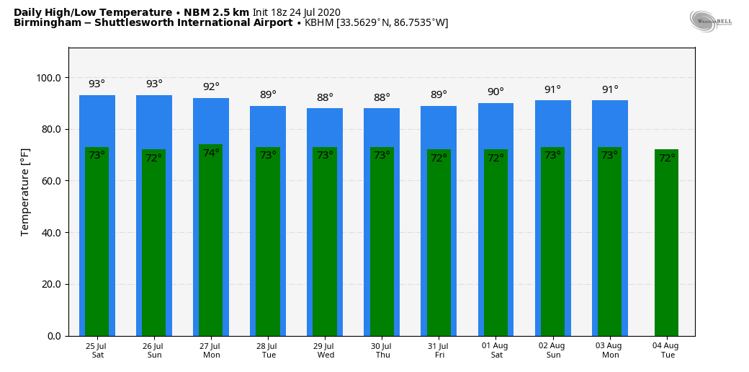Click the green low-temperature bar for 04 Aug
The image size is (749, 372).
pyautogui.click(x=666, y=245)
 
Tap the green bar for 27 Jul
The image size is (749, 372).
pyautogui.click(x=211, y=245)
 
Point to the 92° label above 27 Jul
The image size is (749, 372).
pyautogui.click(x=211, y=87)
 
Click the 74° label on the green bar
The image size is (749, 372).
pyautogui.click(x=211, y=154)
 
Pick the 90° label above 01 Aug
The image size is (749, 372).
pyautogui.click(x=495, y=92)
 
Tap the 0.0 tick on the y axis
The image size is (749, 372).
pyautogui.click(x=54, y=336)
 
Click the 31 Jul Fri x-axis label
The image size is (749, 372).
pyautogui.click(x=439, y=350)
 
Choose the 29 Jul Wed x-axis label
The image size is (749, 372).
pyautogui.click(x=325, y=350)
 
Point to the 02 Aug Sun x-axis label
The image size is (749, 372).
pyautogui.click(x=552, y=350)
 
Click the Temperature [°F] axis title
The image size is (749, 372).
pyautogui.click(x=25, y=192)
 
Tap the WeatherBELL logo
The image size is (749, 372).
pyautogui.click(x=710, y=21)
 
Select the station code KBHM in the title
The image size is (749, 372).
pyautogui.click(x=319, y=23)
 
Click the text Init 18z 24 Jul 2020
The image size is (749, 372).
pyautogui.click(x=296, y=12)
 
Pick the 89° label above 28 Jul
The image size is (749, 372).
pyautogui.click(x=268, y=95)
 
